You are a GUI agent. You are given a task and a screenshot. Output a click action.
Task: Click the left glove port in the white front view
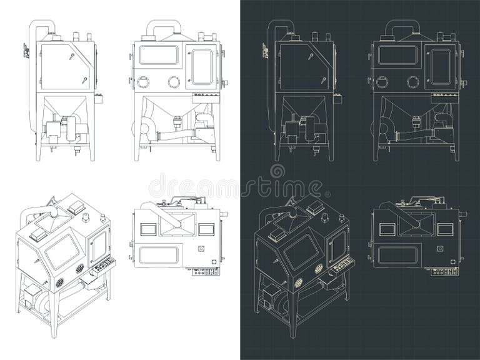pyautogui.click(x=143, y=81)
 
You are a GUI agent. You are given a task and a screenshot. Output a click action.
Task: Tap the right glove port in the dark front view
pyautogui.click(x=412, y=81)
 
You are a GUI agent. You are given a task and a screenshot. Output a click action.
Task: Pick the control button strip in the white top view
pyautogui.click(x=206, y=271)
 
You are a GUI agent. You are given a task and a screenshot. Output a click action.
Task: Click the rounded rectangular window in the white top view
pyautogui.click(x=158, y=254)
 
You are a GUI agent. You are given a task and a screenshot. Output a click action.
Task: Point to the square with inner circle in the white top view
pyautogui.click(x=201, y=248)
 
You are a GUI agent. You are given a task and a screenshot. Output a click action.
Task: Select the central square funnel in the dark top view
pyautogui.click(x=414, y=222)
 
